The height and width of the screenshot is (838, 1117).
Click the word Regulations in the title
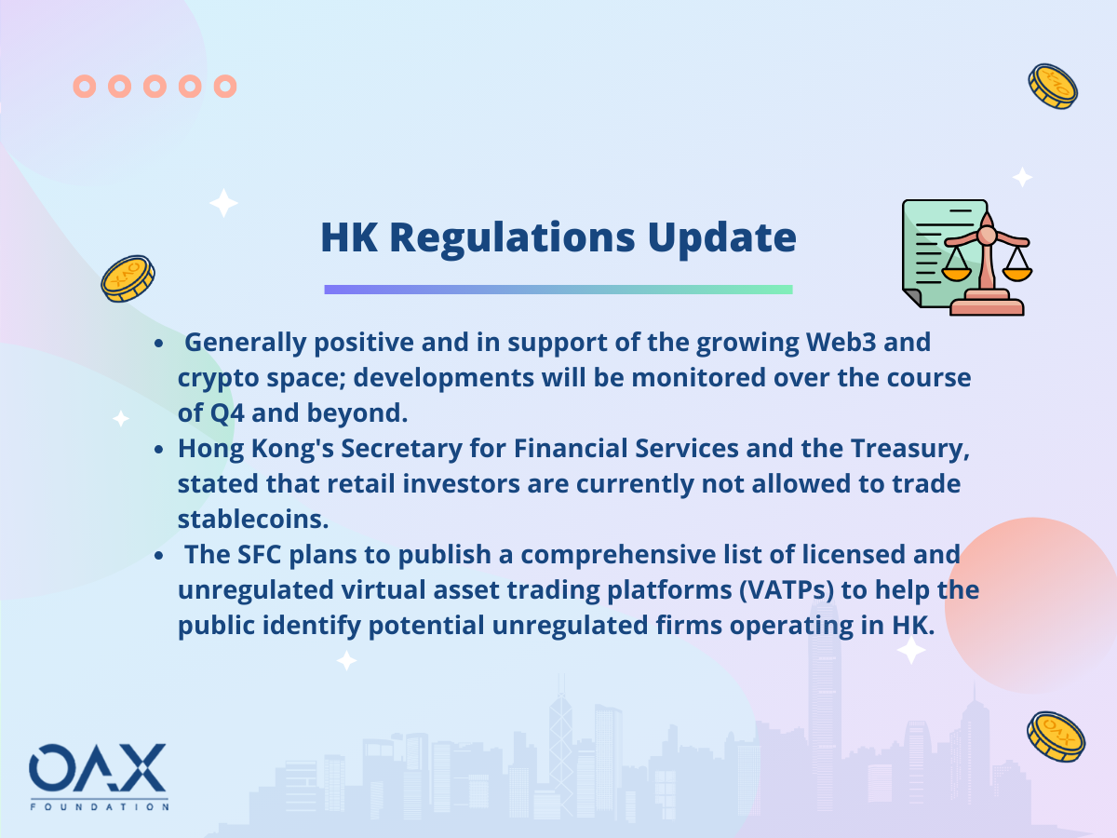click(x=512, y=238)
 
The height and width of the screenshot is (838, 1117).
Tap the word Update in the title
click(x=721, y=238)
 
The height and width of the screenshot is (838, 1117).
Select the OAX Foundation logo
click(x=99, y=777)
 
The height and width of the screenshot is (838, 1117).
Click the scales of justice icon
click(x=967, y=258)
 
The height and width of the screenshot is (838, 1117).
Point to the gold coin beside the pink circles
click(x=1053, y=86)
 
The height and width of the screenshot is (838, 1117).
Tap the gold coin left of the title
click(x=128, y=278)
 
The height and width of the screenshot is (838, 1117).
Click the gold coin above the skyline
click(x=1056, y=737)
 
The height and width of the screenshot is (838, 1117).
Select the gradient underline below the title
click(x=558, y=290)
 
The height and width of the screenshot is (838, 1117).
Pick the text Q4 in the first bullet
click(x=227, y=412)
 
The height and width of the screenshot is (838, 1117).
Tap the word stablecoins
click(x=253, y=519)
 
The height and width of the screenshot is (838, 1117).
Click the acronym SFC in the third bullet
click(x=260, y=554)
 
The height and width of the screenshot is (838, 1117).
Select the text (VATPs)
click(x=787, y=590)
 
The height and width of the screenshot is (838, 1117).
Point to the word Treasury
click(x=910, y=448)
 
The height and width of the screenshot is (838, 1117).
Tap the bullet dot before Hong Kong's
click(x=159, y=450)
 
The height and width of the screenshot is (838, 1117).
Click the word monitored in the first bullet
click(x=698, y=377)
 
